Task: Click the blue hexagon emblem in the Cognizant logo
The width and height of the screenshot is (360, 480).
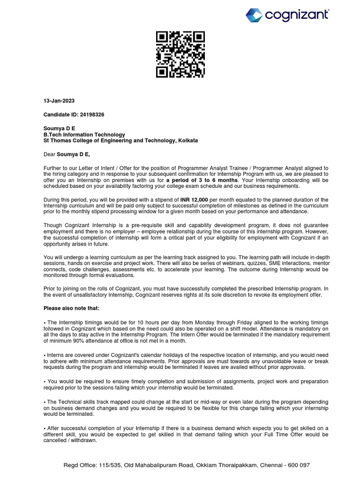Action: click(x=255, y=15)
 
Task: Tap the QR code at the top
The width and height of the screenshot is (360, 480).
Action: click(x=180, y=54)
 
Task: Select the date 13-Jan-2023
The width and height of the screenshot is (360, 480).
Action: click(x=59, y=101)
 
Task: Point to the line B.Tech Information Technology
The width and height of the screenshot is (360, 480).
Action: click(x=84, y=134)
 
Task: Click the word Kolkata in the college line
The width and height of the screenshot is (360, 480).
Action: click(x=187, y=140)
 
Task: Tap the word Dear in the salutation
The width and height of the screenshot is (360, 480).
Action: click(x=49, y=154)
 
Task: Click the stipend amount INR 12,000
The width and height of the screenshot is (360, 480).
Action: click(x=194, y=200)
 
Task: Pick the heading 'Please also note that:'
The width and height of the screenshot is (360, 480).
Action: click(x=71, y=308)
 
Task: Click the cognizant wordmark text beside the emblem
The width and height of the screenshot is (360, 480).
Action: click(x=297, y=15)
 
